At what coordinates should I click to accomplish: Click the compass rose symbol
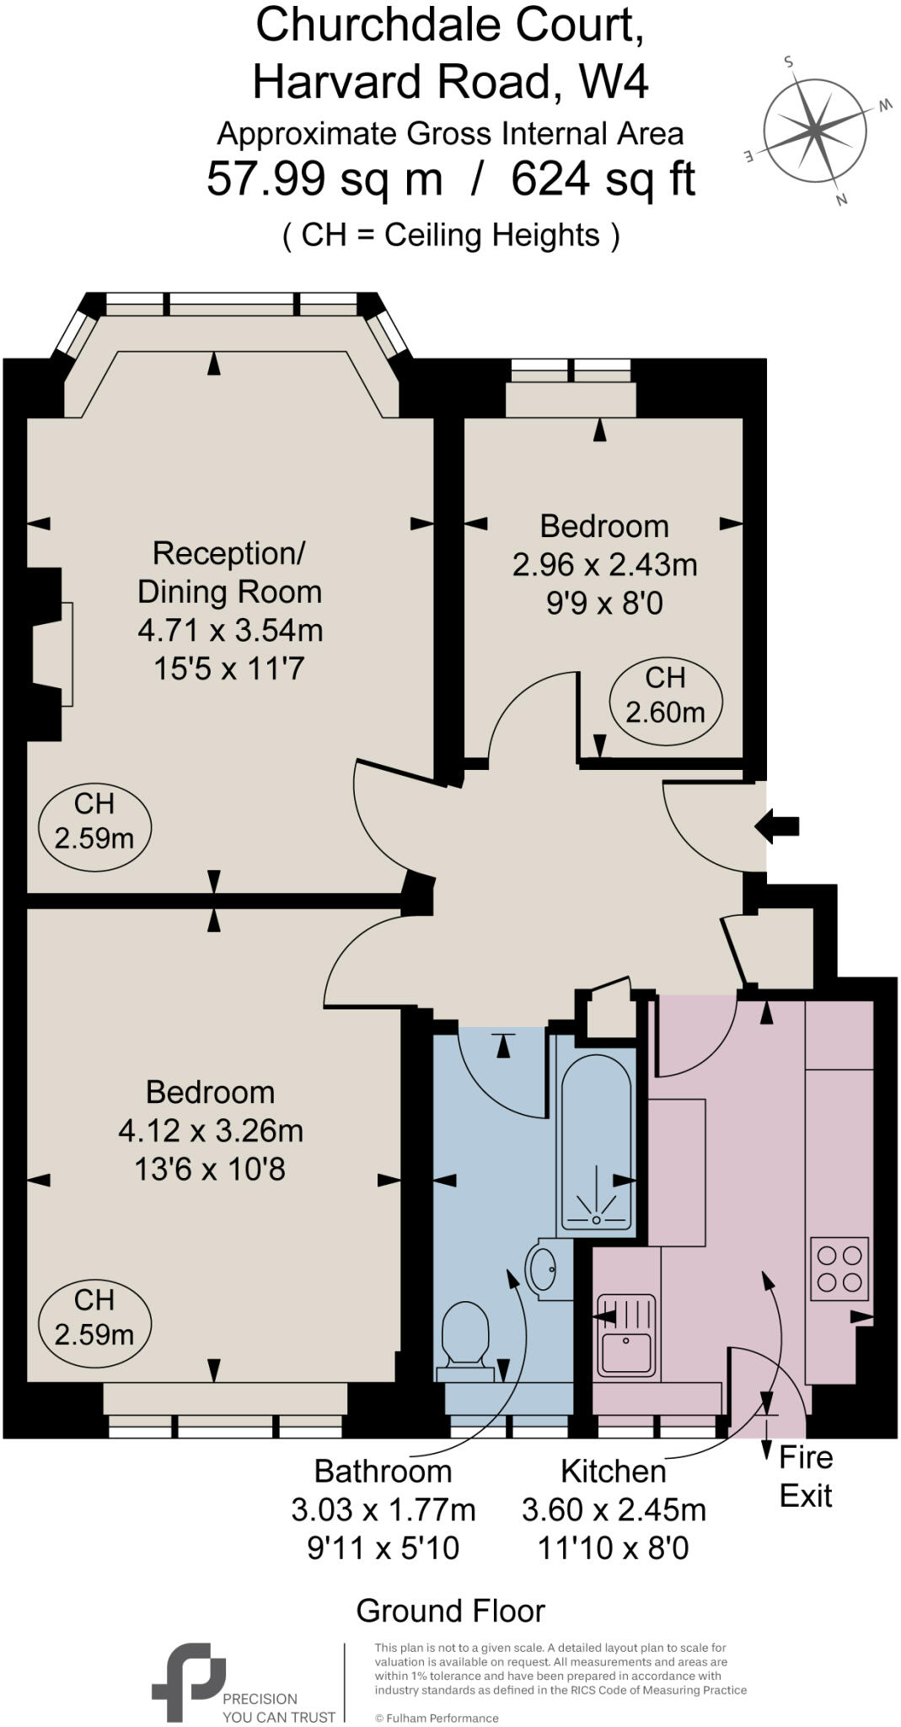pyautogui.click(x=815, y=130)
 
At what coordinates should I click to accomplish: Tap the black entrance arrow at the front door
pyautogui.click(x=776, y=826)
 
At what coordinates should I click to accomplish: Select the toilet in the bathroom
pyautogui.click(x=466, y=1337)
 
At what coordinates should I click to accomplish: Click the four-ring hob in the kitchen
pyautogui.click(x=839, y=1268)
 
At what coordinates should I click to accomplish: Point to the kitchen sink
pyautogui.click(x=626, y=1335)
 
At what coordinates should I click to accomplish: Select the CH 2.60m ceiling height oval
pyautogui.click(x=666, y=696)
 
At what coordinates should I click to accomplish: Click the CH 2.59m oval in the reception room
pyautogui.click(x=94, y=821)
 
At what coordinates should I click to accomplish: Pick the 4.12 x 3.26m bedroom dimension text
pyautogui.click(x=211, y=1131)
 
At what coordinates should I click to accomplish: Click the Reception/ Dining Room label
pyautogui.click(x=229, y=573)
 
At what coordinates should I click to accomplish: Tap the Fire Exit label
pyautogui.click(x=805, y=1477)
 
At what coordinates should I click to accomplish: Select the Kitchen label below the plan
pyautogui.click(x=613, y=1471)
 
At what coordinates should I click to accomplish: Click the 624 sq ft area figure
pyautogui.click(x=603, y=180)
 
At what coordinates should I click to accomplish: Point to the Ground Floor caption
pyautogui.click(x=450, y=1611)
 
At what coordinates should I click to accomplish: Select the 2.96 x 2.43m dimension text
pyautogui.click(x=604, y=564)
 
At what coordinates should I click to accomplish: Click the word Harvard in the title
pyautogui.click(x=337, y=83)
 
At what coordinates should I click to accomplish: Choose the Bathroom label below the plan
pyautogui.click(x=383, y=1471)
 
